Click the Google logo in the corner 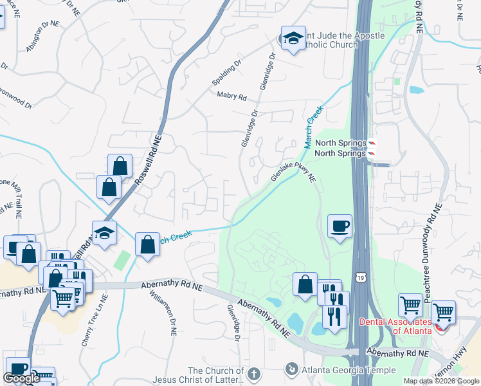21,378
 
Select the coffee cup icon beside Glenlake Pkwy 340,226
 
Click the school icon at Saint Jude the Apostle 293,38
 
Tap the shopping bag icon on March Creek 148,245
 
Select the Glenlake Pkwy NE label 295,169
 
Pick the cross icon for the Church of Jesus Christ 255,373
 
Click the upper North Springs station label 340,143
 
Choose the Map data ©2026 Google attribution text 440,381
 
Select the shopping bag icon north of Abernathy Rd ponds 305,284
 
